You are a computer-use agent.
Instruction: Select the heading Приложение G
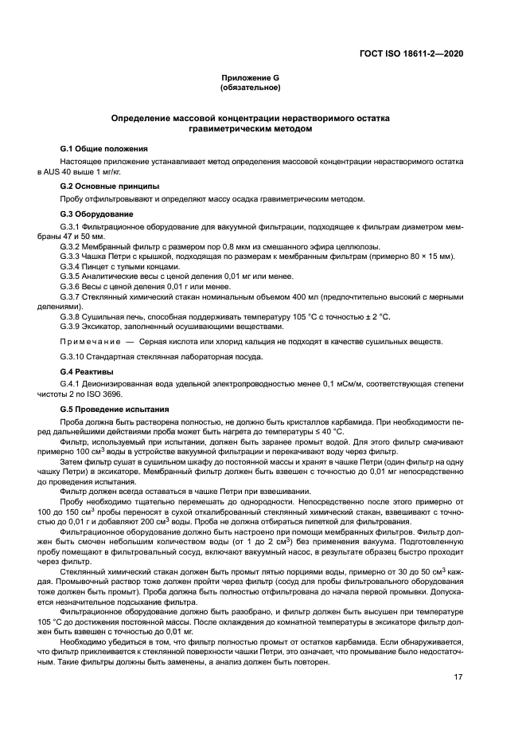pyautogui.click(x=251, y=78)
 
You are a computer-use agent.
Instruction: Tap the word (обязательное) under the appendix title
pyautogui.click(x=251, y=88)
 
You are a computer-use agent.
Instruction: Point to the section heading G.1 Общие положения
pyautogui.click(x=103, y=149)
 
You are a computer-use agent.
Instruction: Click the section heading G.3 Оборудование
pyautogui.click(x=98, y=214)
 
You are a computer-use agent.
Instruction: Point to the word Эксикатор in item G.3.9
pyautogui.click(x=107, y=325)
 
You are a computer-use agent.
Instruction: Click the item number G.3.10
pyautogui.click(x=75, y=356)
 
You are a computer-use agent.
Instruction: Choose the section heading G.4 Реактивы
pyautogui.click(x=88, y=372)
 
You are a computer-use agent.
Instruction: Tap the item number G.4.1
pyautogui.click(x=72, y=384)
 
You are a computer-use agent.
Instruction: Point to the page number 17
pyautogui.click(x=458, y=677)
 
